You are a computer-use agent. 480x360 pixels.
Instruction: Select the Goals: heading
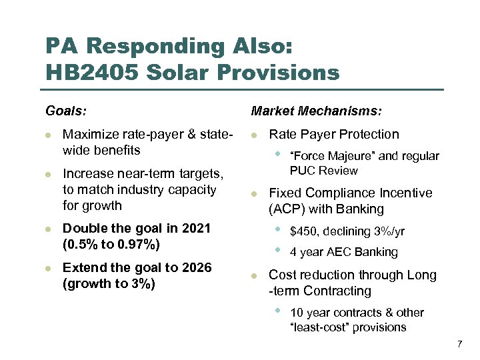point(66,109)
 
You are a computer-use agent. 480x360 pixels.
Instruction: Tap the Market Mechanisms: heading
point(316,109)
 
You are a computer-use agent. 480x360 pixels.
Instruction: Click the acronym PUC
point(303,171)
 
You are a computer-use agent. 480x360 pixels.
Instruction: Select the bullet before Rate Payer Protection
point(254,135)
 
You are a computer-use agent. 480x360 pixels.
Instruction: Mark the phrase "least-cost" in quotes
point(319,327)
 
